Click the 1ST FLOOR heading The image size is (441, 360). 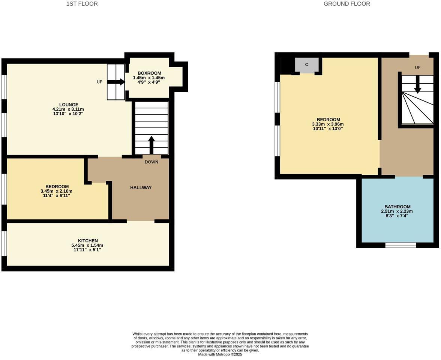tap(82, 4)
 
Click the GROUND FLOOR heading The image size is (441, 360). tap(346, 4)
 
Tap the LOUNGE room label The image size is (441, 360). tap(68, 105)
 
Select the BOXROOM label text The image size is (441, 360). tap(149, 73)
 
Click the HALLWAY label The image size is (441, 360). tap(141, 187)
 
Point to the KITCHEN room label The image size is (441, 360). tap(88, 241)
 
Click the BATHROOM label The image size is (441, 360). tap(397, 207)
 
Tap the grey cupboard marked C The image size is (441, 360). tap(307, 65)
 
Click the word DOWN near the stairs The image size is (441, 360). tap(151, 162)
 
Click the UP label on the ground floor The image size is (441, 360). tap(417, 67)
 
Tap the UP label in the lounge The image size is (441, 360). tap(99, 82)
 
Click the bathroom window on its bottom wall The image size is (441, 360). tap(400, 245)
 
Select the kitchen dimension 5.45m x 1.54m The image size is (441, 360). tap(88, 245)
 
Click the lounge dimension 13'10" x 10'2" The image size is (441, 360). tap(68, 114)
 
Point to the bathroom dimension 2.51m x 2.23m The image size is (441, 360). tap(397, 211)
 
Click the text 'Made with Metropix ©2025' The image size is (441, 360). tap(220, 354)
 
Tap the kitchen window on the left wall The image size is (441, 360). tap(4, 243)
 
